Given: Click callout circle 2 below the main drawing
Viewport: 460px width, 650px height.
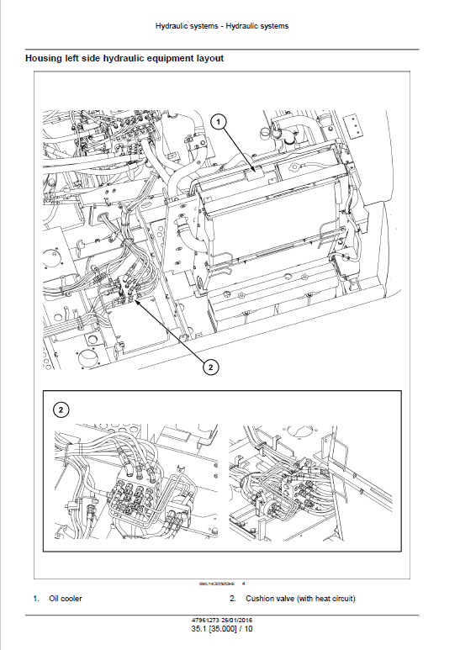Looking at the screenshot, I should click(209, 367).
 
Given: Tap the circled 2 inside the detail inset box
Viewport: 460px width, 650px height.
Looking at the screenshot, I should click(61, 410).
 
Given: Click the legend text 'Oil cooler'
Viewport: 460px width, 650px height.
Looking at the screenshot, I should click(66, 599).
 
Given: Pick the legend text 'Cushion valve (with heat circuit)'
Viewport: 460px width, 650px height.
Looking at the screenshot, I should click(300, 599).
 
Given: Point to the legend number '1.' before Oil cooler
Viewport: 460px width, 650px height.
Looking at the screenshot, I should click(36, 599).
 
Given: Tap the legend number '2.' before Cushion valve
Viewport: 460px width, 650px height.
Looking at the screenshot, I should click(233, 599).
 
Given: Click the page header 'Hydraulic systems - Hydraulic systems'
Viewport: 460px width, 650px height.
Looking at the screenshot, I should click(222, 26).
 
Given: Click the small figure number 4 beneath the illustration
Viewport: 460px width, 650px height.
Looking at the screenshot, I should click(243, 584).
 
